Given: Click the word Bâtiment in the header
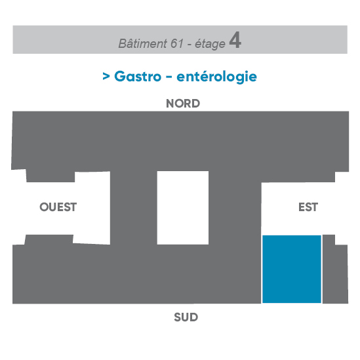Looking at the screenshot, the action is (142, 43).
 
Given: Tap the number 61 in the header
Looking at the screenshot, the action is (177, 43).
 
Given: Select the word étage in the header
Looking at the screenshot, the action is (210, 44).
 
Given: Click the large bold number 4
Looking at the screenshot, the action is (235, 40).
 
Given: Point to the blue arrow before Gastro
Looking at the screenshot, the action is (106, 76).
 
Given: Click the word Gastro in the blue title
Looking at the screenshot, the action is (138, 76).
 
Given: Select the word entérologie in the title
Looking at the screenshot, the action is (216, 77).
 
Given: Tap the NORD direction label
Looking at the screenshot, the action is (183, 104).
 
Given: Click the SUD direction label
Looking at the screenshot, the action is (186, 317).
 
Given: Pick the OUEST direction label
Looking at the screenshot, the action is (58, 207).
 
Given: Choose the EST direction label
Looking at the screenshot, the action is (308, 207).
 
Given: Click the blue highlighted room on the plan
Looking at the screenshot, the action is (292, 269).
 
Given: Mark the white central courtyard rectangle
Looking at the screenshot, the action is (183, 208).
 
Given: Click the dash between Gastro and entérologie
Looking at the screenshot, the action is (169, 77).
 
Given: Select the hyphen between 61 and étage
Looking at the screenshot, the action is (190, 45).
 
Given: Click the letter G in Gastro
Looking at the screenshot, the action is (120, 76).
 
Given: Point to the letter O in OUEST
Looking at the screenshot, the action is (44, 207).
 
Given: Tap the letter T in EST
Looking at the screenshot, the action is (315, 207).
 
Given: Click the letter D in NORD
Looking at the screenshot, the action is (196, 104).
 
